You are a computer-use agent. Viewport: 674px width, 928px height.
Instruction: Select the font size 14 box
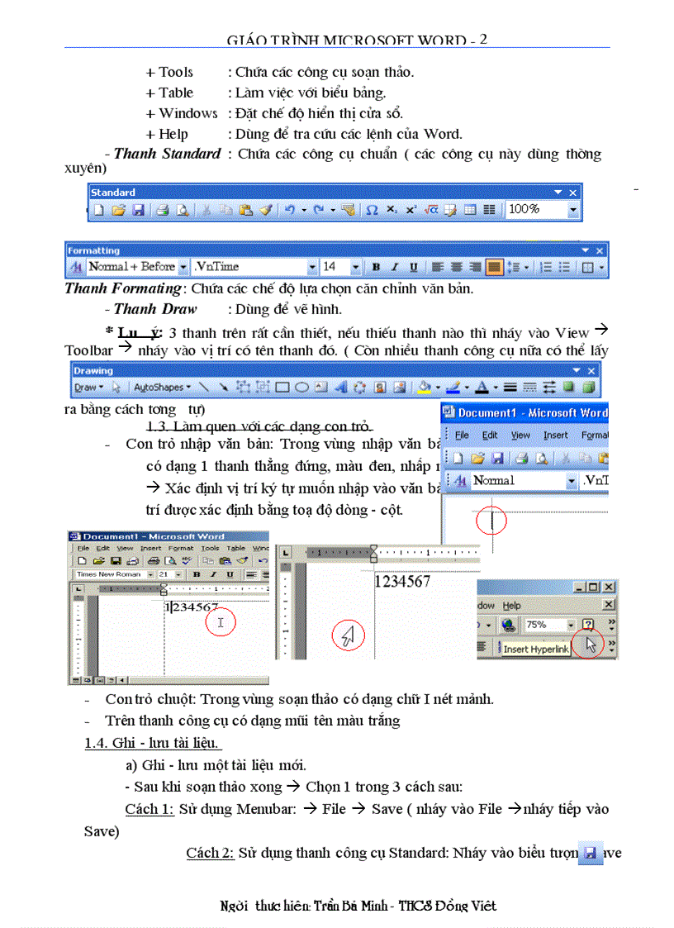point(335,267)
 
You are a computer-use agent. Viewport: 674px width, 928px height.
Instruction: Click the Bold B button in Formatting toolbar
point(376,267)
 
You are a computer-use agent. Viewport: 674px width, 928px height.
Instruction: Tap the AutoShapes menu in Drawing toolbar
point(161,387)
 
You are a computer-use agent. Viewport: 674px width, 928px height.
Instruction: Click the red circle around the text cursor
point(491,521)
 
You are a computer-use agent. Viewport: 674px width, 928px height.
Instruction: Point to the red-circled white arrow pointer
point(348,635)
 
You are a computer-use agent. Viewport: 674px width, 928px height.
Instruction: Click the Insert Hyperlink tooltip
point(536,649)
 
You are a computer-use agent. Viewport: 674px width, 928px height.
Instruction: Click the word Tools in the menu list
point(175,72)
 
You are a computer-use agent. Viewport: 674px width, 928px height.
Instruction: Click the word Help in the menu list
point(173,134)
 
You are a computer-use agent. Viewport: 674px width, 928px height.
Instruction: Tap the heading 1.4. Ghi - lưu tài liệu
point(152,743)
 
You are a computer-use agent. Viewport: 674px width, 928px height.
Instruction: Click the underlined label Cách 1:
point(149,809)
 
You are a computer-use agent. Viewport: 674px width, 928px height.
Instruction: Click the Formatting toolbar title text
point(93,250)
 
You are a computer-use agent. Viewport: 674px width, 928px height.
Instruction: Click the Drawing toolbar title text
point(93,371)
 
